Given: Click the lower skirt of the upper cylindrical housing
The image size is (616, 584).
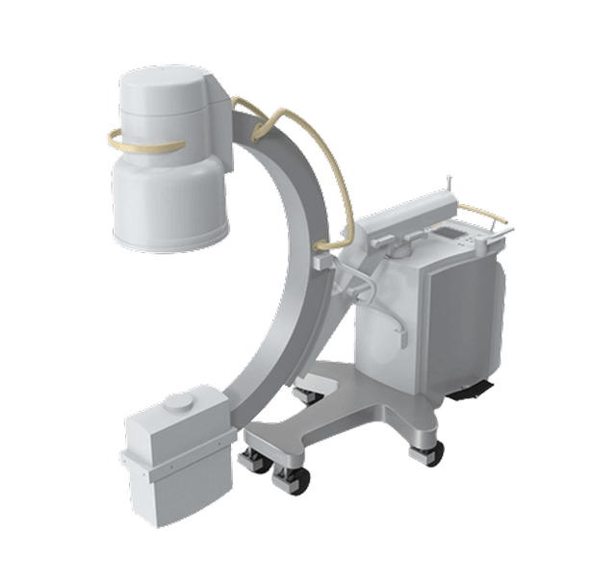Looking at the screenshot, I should (170, 207).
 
